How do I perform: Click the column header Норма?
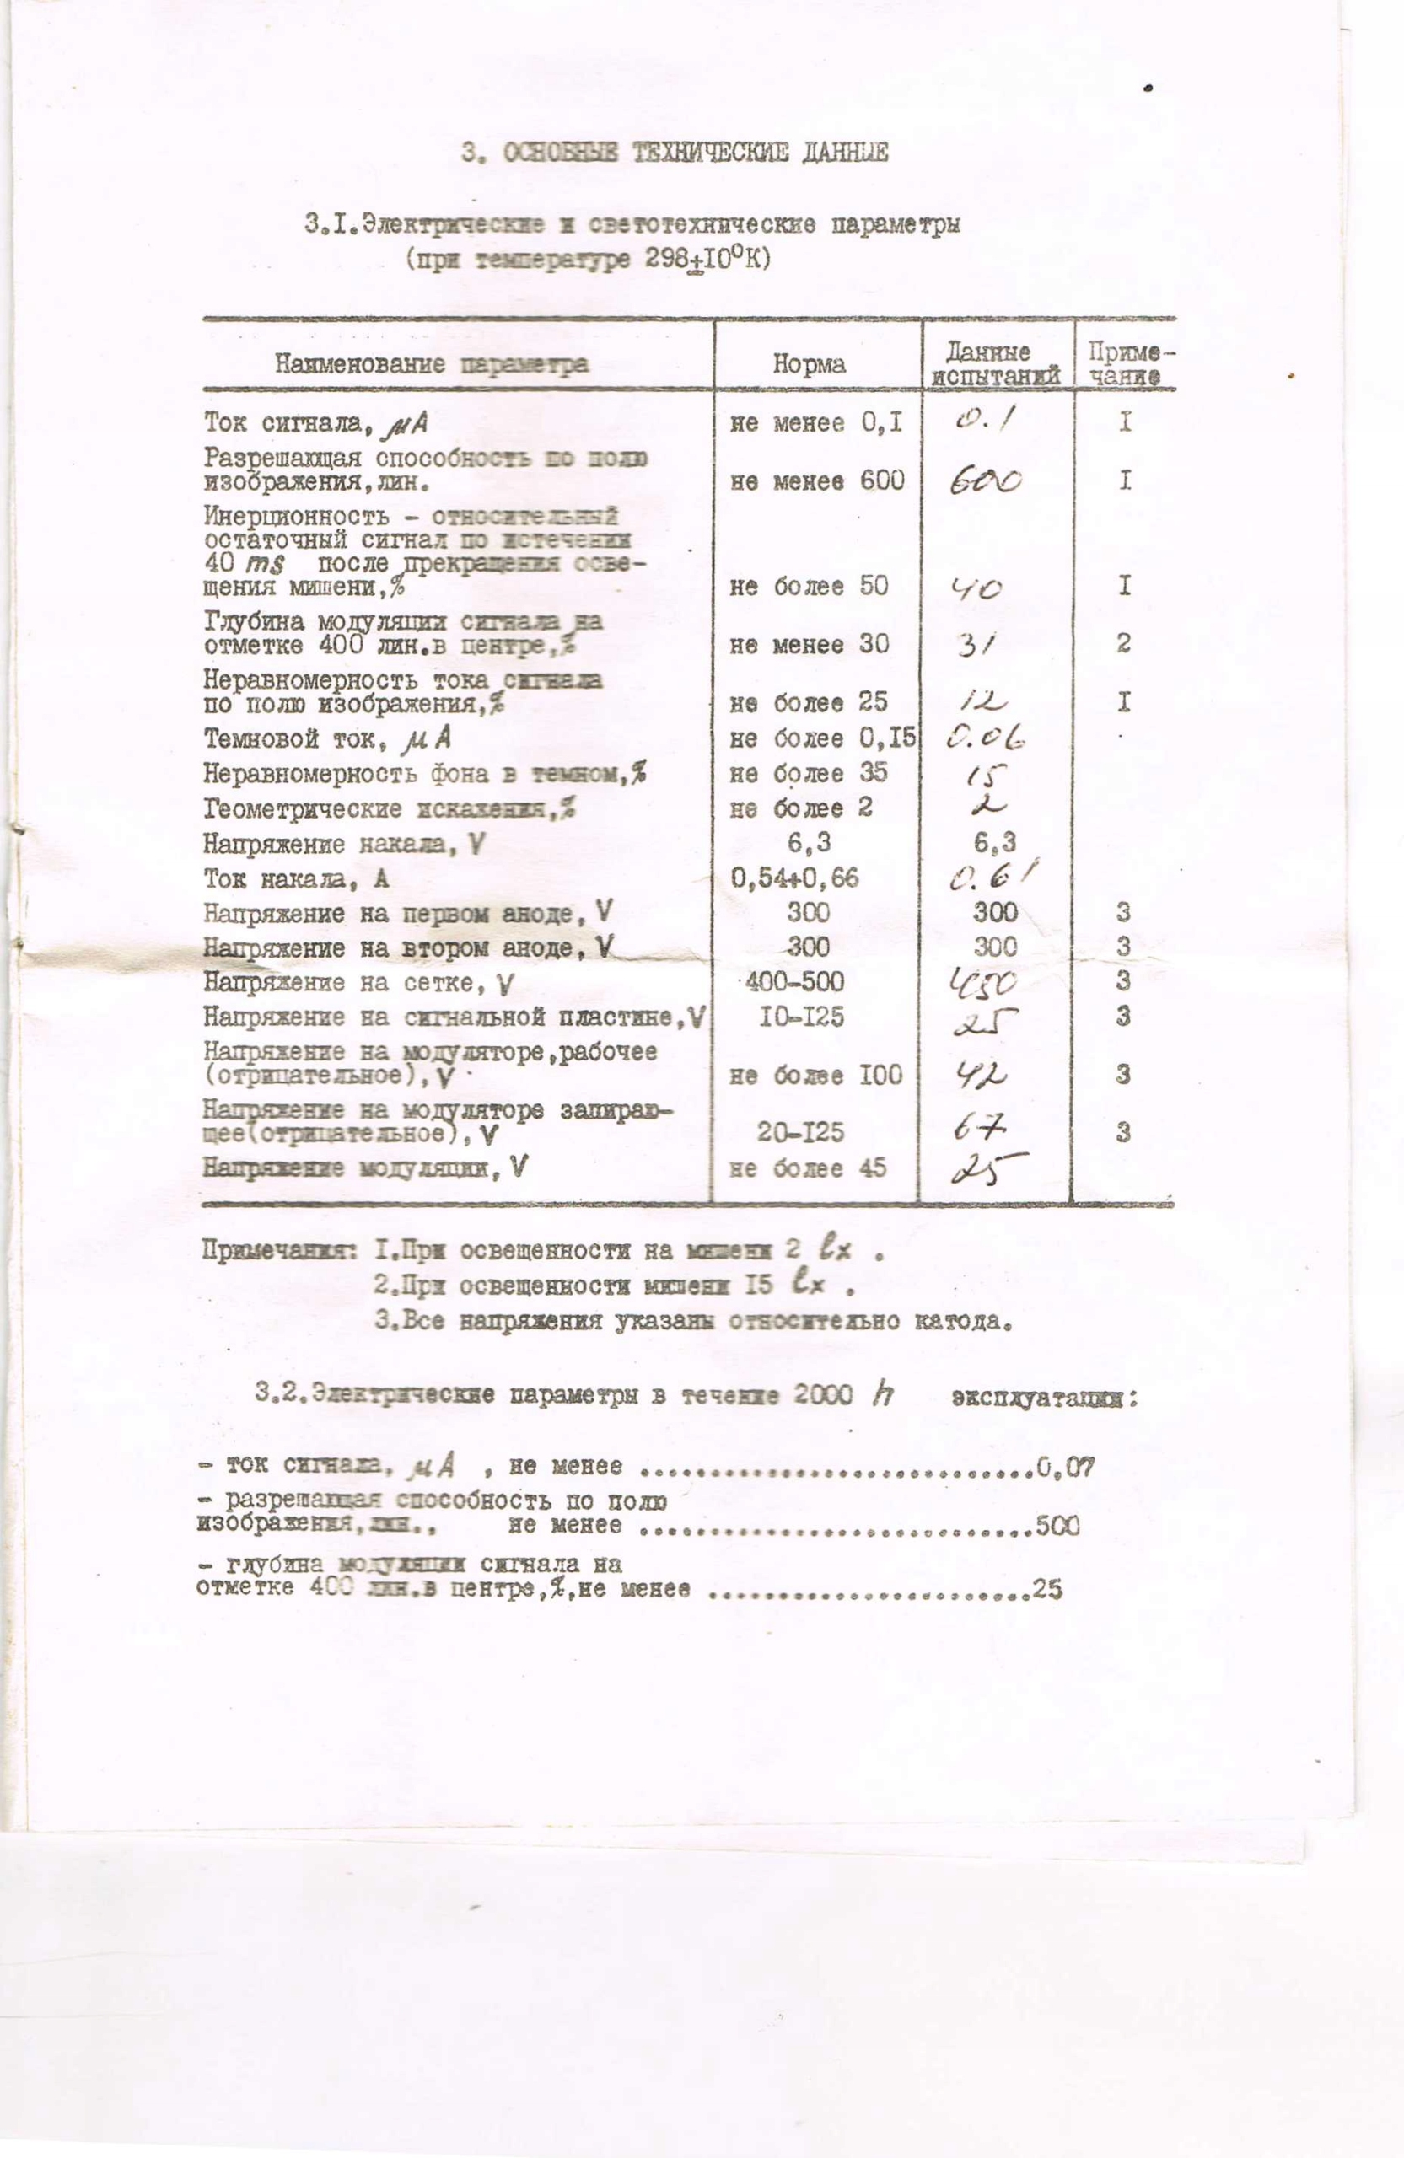pyautogui.click(x=808, y=364)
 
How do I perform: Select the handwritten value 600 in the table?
pyautogui.click(x=985, y=480)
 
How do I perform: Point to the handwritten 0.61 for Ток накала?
pyautogui.click(x=992, y=877)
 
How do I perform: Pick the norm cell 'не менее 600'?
pyautogui.click(x=816, y=481)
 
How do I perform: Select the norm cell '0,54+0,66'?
pyautogui.click(x=793, y=878)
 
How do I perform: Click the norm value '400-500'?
pyautogui.click(x=793, y=982)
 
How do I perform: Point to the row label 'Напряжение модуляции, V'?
pyautogui.click(x=364, y=1168)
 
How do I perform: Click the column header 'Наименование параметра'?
pyautogui.click(x=432, y=364)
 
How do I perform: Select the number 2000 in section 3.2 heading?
pyautogui.click(x=823, y=1394)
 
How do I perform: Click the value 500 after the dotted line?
pyautogui.click(x=1057, y=1526)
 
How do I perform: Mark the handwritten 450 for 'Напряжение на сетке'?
pyautogui.click(x=982, y=983)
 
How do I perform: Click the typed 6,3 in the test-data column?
pyautogui.click(x=994, y=843)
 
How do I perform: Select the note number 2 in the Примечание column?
pyautogui.click(x=1124, y=644)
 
